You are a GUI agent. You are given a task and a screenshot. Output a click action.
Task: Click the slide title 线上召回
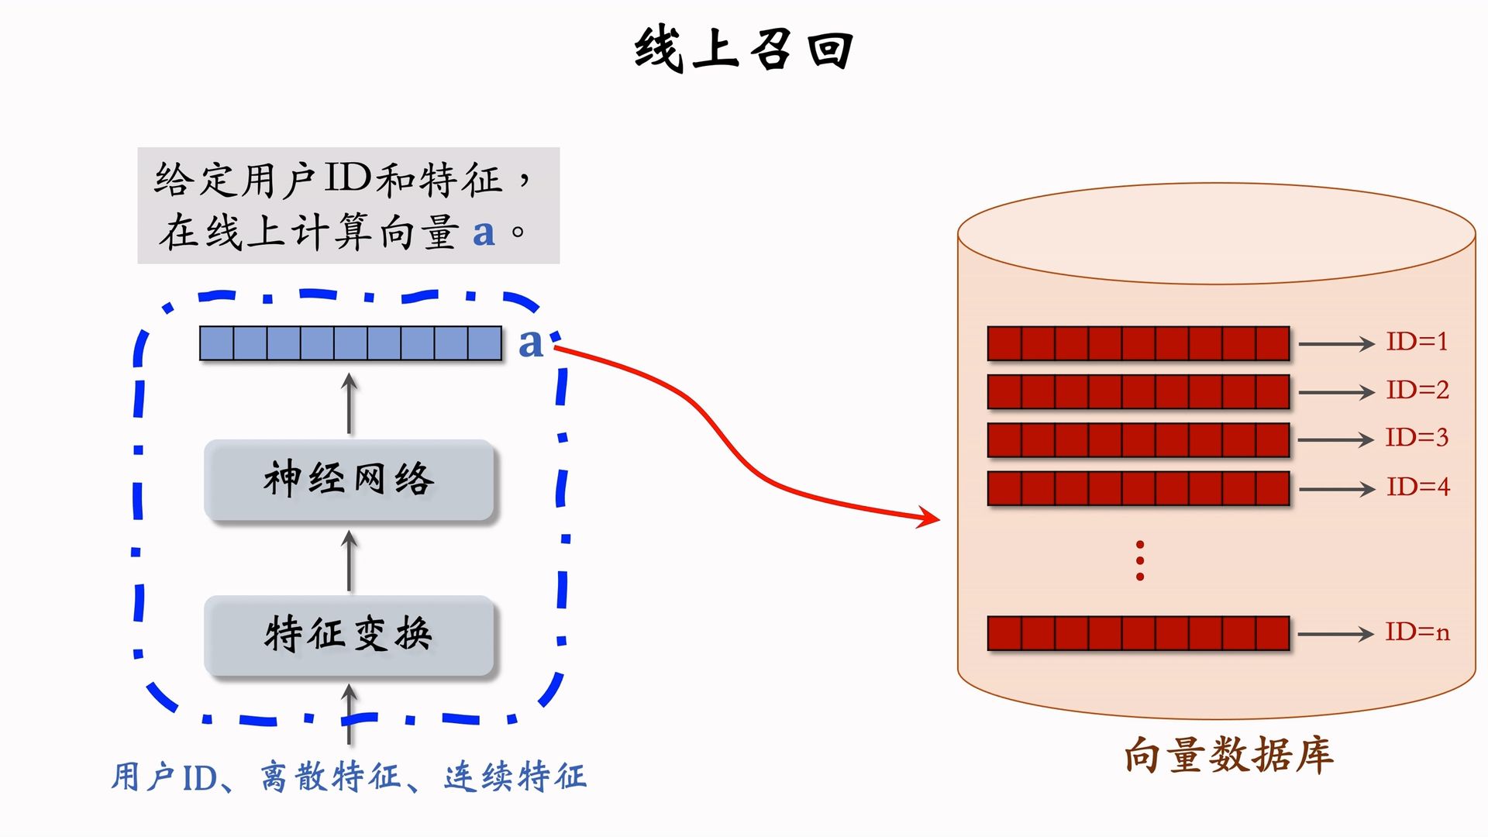pyautogui.click(x=744, y=50)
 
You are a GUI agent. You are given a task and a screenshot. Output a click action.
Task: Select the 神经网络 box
pyautogui.click(x=349, y=480)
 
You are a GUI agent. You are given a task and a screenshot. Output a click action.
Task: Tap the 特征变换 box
pyautogui.click(x=349, y=635)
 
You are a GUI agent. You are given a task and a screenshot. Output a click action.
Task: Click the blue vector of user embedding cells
pyautogui.click(x=350, y=343)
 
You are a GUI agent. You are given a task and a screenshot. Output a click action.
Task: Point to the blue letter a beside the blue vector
pyautogui.click(x=530, y=343)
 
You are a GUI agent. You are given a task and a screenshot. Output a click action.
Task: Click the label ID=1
pyautogui.click(x=1417, y=342)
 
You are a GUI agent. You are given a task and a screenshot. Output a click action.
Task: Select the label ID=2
pyautogui.click(x=1417, y=390)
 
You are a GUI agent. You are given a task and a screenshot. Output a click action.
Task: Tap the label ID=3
pyautogui.click(x=1417, y=438)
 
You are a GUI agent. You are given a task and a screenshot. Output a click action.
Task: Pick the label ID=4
pyautogui.click(x=1417, y=487)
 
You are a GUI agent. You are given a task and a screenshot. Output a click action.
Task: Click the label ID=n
pyautogui.click(x=1417, y=632)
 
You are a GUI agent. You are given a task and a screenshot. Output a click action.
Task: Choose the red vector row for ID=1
pyautogui.click(x=1138, y=343)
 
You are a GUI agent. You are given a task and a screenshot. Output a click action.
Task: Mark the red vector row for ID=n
pyautogui.click(x=1138, y=633)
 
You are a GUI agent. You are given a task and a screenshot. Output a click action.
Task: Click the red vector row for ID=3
pyautogui.click(x=1138, y=439)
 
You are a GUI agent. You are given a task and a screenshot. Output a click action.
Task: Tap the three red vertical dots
pyautogui.click(x=1140, y=561)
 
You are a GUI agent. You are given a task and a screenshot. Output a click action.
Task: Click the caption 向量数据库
pyautogui.click(x=1228, y=755)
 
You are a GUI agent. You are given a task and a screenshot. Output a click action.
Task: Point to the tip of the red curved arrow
pyautogui.click(x=938, y=519)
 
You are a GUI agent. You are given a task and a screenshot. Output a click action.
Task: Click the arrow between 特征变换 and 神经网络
pyautogui.click(x=350, y=561)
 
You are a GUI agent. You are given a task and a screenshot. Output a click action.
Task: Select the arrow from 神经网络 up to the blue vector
pyautogui.click(x=350, y=403)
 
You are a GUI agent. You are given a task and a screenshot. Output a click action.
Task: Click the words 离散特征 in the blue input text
pyautogui.click(x=331, y=777)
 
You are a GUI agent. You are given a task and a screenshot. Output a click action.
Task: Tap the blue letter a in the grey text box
pyautogui.click(x=484, y=232)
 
